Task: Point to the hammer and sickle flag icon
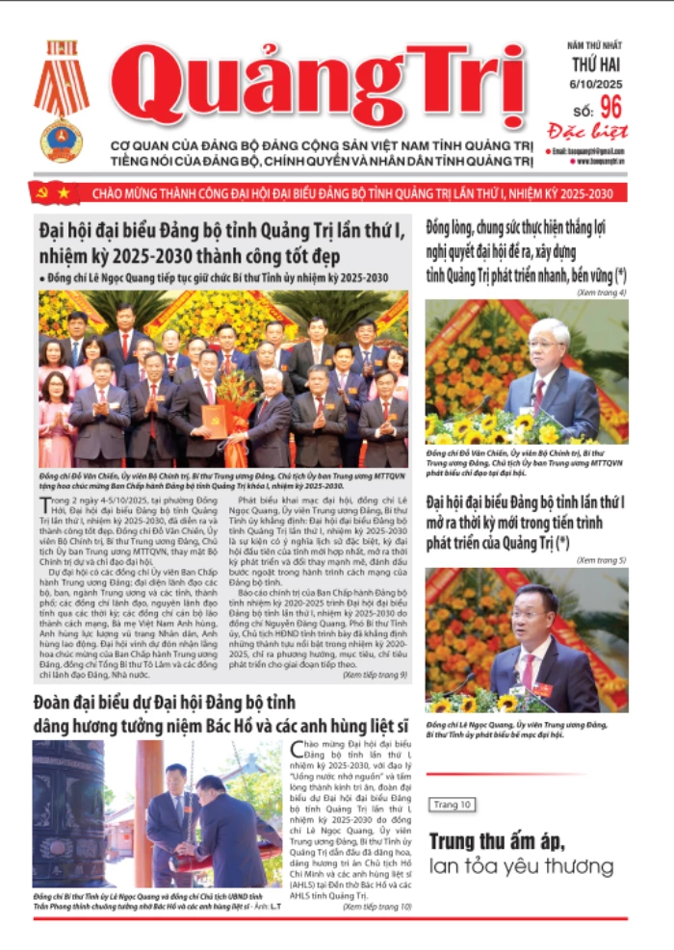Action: point(40,193)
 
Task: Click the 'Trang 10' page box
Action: point(452,804)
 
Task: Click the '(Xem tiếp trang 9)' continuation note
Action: point(375,675)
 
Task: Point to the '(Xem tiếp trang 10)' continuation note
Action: point(376,906)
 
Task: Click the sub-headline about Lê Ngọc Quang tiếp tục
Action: point(217,278)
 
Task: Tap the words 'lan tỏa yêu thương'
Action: point(521,866)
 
